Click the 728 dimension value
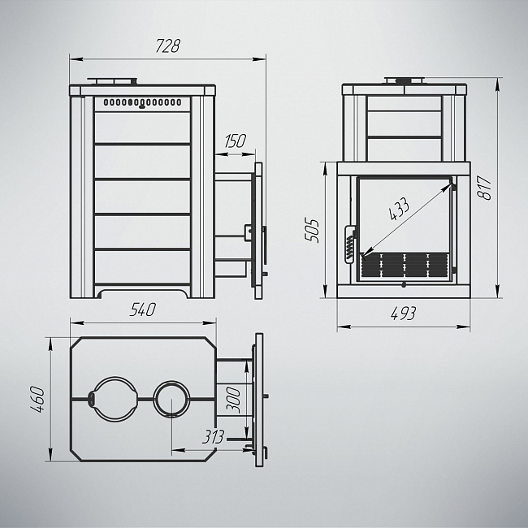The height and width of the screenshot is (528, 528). click(168, 45)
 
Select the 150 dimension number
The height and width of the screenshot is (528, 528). click(236, 141)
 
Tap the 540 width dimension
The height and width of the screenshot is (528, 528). click(143, 309)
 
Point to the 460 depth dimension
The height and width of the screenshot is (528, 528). click(37, 400)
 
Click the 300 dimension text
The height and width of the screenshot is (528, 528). click(233, 400)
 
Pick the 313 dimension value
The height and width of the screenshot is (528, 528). click(213, 437)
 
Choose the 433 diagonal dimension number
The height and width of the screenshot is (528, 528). click(399, 210)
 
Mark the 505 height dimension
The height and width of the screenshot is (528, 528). click(311, 231)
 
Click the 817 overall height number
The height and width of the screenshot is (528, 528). click(485, 188)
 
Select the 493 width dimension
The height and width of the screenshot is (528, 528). click(404, 314)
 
